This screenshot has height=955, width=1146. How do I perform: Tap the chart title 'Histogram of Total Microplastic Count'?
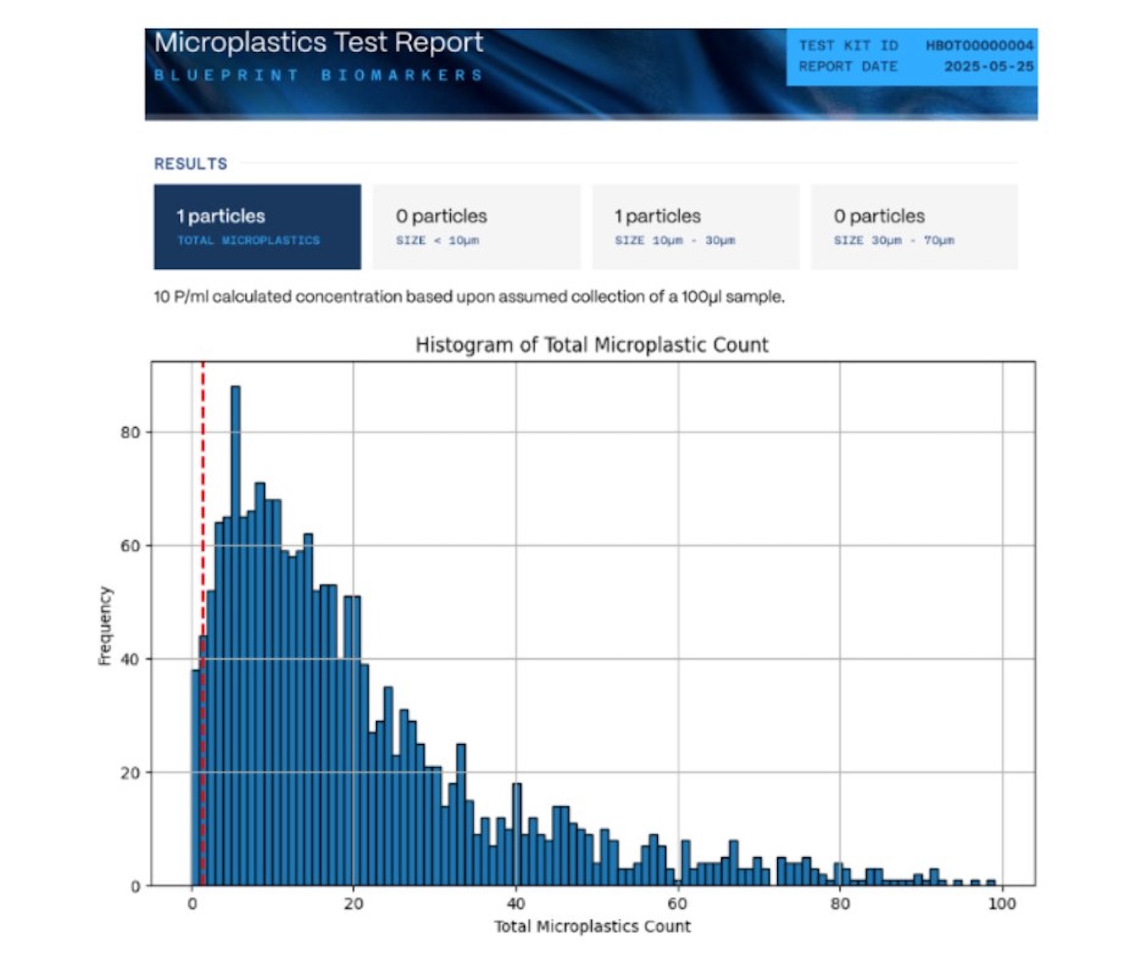click(x=591, y=345)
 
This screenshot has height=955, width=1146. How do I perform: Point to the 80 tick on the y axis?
click(x=130, y=432)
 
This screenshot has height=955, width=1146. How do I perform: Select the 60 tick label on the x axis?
click(x=677, y=904)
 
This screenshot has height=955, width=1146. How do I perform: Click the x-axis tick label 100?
click(x=1001, y=904)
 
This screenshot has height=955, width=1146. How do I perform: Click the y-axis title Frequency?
click(x=105, y=626)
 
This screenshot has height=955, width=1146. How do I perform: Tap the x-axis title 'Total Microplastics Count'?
click(x=592, y=927)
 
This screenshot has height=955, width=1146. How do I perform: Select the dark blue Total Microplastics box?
click(x=257, y=227)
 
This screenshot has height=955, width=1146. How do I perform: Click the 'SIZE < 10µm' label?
click(x=437, y=241)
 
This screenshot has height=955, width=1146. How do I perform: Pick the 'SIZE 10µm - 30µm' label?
click(x=675, y=241)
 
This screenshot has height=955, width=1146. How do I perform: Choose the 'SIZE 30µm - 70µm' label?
click(x=894, y=241)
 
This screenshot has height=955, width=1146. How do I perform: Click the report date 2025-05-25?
click(x=989, y=66)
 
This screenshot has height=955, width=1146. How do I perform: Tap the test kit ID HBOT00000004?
click(x=979, y=46)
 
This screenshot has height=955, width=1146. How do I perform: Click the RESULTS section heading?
click(x=190, y=163)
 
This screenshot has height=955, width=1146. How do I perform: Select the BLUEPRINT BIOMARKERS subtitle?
click(x=319, y=75)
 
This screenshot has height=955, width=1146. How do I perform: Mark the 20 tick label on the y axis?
click(x=130, y=773)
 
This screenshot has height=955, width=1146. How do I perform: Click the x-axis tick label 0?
click(x=192, y=904)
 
